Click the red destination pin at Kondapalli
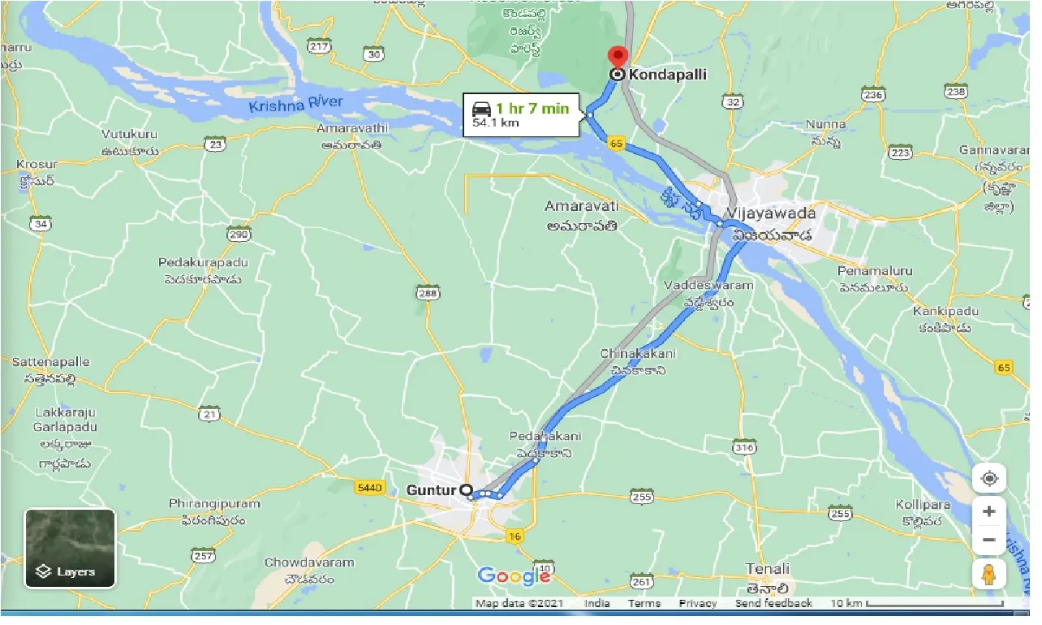click(x=618, y=58)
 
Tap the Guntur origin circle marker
click(x=466, y=490)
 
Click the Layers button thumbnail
click(x=70, y=548)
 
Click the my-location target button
click(x=989, y=478)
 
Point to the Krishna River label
click(x=296, y=103)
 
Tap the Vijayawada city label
click(x=771, y=213)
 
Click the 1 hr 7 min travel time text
click(x=532, y=109)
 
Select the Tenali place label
click(x=768, y=569)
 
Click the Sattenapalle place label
click(x=51, y=362)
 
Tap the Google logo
click(x=514, y=576)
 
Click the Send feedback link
click(x=773, y=604)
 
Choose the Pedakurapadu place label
click(x=204, y=263)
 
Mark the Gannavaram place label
click(x=993, y=151)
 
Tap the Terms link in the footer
click(x=644, y=604)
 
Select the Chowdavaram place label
click(x=309, y=562)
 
